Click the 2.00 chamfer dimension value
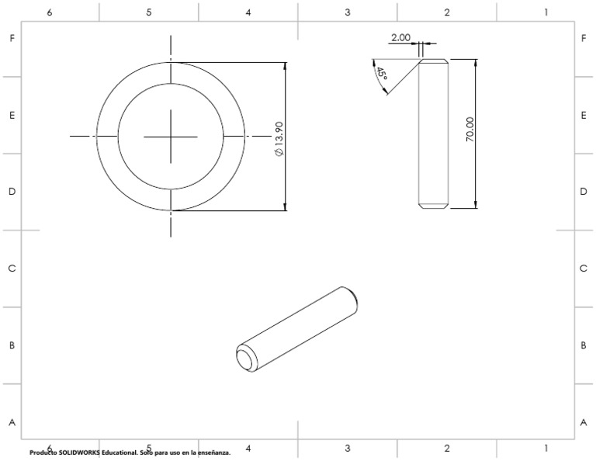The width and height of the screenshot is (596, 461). [400, 37]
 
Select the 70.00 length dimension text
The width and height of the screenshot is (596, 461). [470, 129]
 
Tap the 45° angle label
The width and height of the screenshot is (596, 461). [381, 75]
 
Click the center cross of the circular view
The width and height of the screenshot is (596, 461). [172, 136]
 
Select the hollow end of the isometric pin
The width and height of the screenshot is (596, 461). [246, 358]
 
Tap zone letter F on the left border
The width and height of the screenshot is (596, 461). [12, 38]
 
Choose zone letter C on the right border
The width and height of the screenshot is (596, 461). [583, 269]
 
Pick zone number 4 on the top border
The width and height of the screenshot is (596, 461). [248, 12]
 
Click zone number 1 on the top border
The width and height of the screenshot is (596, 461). [546, 12]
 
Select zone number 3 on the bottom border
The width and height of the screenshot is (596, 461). [348, 448]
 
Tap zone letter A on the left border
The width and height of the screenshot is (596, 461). [12, 423]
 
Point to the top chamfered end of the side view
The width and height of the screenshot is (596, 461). [433, 61]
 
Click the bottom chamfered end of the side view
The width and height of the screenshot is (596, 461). [433, 206]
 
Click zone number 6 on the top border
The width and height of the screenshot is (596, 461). [50, 12]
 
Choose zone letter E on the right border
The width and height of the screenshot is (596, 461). [583, 115]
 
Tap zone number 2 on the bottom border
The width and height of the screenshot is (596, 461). [447, 448]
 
